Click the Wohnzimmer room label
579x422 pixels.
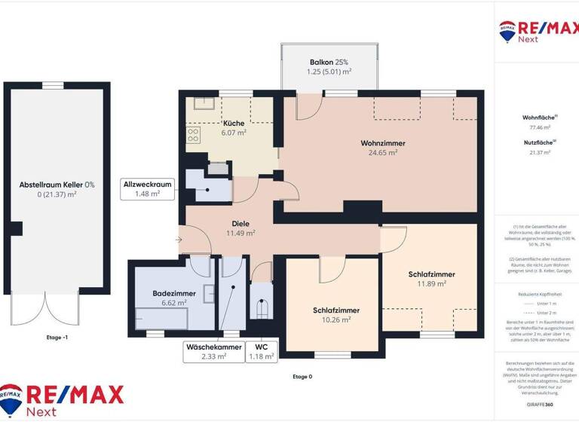pyautogui.click(x=382, y=142)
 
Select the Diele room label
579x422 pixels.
pyautogui.click(x=240, y=223)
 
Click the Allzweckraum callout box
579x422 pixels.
pyautogui.click(x=149, y=188)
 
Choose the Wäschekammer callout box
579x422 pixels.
pyautogui.click(x=214, y=352)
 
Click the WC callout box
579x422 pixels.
pyautogui.click(x=260, y=352)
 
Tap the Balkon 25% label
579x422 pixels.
pyautogui.click(x=330, y=62)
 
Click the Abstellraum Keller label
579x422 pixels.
pyautogui.click(x=57, y=184)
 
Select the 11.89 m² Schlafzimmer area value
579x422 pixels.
pyautogui.click(x=432, y=284)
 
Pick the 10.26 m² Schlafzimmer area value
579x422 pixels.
pyautogui.click(x=336, y=320)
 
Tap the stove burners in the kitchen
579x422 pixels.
pyautogui.click(x=193, y=136)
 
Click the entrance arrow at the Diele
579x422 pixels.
pyautogui.click(x=178, y=240)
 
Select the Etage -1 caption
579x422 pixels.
pyautogui.click(x=57, y=338)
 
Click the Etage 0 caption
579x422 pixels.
pyautogui.click(x=302, y=376)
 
